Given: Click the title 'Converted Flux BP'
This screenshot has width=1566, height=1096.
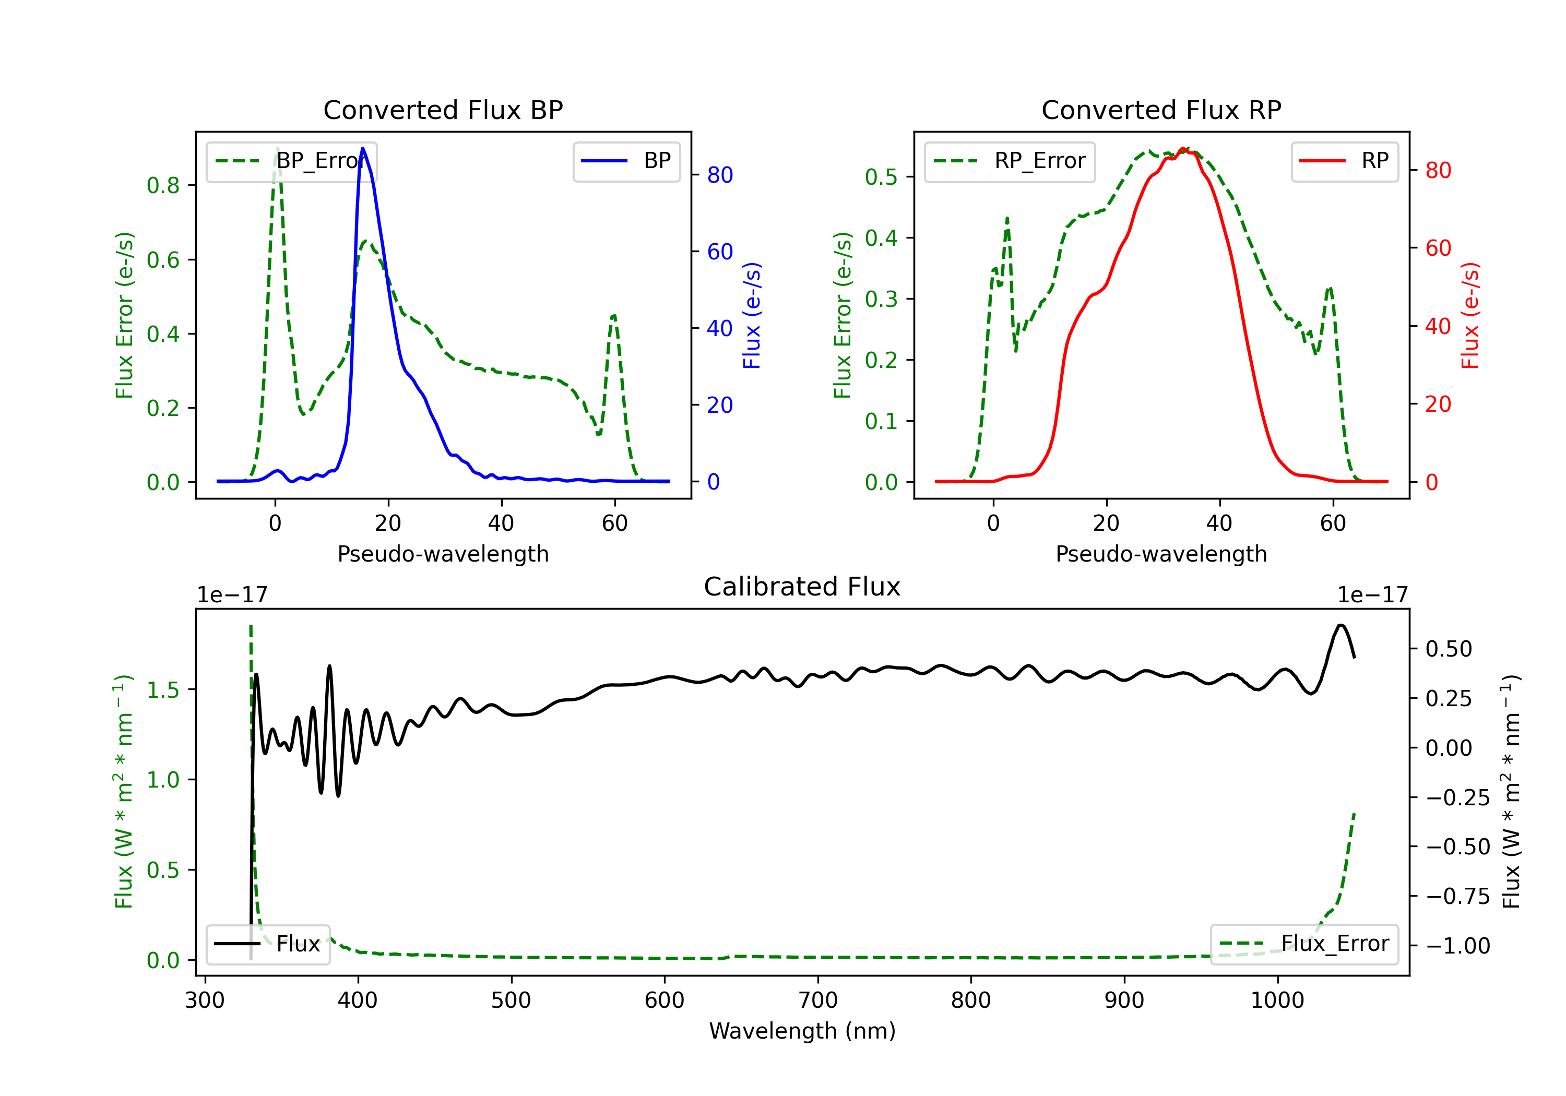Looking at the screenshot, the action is [443, 110].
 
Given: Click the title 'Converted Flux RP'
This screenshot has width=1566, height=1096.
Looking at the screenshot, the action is [1161, 110].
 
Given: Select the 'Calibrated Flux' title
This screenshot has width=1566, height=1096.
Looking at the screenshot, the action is [802, 587].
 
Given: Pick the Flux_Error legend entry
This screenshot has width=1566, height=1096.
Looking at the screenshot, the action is [1304, 944].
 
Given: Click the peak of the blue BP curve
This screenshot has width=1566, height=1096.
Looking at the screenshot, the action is [362, 148].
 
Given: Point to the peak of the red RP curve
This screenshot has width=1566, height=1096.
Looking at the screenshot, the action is [1183, 148].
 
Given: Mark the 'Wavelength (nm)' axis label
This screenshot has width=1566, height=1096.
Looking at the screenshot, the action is [802, 1031].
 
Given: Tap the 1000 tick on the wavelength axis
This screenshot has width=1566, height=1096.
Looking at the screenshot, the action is [1277, 1000].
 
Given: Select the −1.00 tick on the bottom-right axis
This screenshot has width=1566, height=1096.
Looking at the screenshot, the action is [1457, 946].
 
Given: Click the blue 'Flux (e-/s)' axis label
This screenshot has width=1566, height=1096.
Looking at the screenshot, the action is [752, 315].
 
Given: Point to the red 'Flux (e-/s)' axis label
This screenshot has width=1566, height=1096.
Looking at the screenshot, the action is [1470, 315].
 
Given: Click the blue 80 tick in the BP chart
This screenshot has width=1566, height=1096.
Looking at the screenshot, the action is [720, 175].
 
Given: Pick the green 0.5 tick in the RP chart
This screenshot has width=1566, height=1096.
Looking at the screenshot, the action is [881, 177].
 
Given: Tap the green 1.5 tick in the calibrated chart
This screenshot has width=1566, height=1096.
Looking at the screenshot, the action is [163, 690].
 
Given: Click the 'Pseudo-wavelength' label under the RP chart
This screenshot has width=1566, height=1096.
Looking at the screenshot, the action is [1161, 554].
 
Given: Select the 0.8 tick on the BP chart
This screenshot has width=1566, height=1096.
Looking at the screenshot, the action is [163, 185].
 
